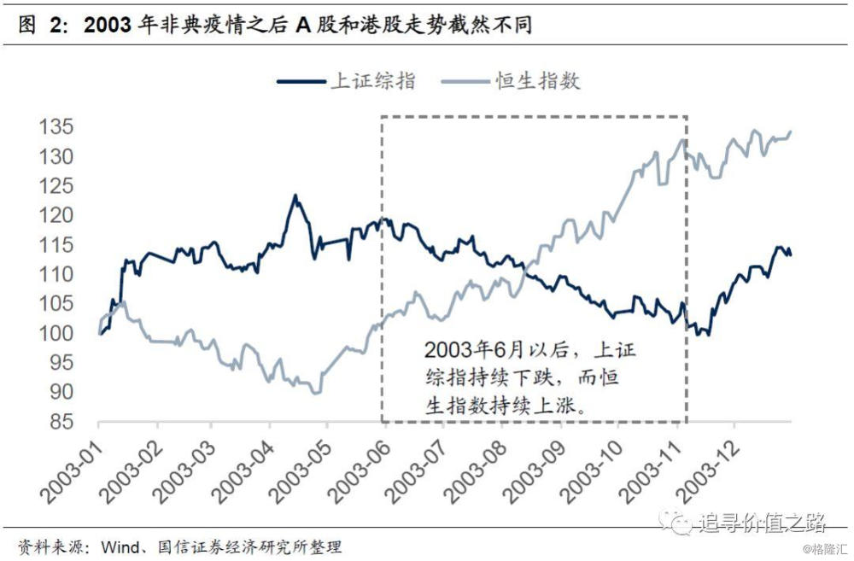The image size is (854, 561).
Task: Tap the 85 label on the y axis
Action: [61, 422]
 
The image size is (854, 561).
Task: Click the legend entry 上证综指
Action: [373, 81]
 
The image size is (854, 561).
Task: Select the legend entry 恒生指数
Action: [538, 81]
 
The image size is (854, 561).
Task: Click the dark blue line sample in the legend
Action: [302, 81]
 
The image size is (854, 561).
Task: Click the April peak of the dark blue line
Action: [295, 196]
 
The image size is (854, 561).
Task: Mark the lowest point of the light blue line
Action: [317, 393]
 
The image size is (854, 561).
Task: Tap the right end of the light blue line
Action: [790, 131]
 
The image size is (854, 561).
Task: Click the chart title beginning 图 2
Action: [274, 26]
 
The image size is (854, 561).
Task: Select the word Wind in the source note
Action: [120, 545]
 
